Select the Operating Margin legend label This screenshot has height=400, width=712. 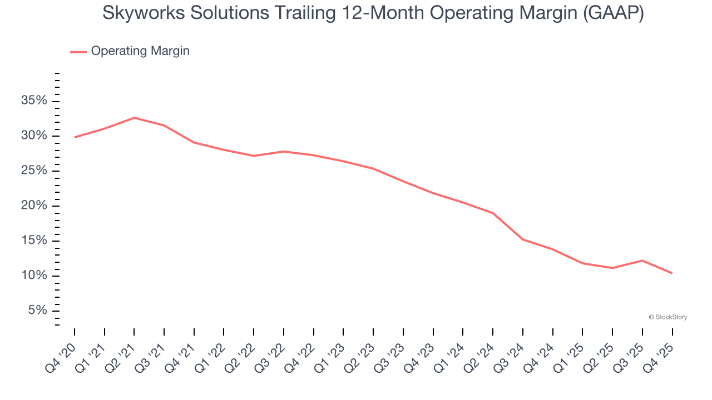click(x=140, y=51)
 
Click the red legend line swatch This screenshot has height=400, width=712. click(x=78, y=52)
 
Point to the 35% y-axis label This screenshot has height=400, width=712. click(x=34, y=101)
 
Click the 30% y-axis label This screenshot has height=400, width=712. click(x=34, y=136)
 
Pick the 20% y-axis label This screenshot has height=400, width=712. click(x=34, y=206)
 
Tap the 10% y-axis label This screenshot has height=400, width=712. click(x=34, y=276)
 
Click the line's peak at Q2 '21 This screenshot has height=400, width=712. click(x=134, y=118)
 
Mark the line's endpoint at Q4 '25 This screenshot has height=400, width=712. click(x=672, y=273)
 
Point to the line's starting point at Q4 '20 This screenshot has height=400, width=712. click(x=75, y=137)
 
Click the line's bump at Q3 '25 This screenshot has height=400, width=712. click(x=642, y=261)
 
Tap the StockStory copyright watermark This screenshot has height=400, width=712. click(x=667, y=317)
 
